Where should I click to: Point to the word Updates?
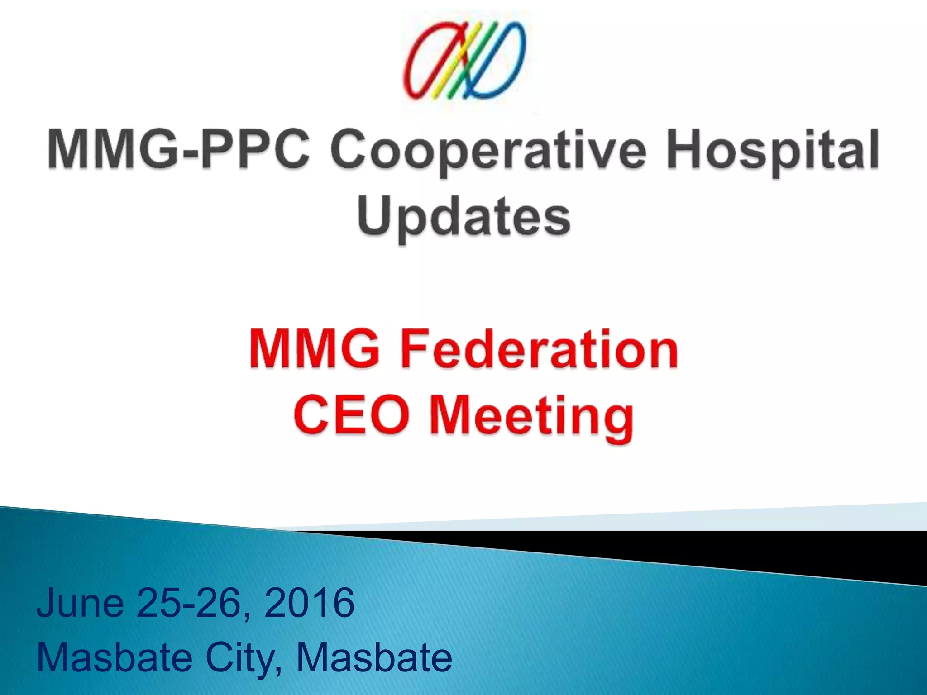point(463,217)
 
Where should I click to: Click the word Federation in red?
point(539,349)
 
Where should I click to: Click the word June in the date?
point(81,603)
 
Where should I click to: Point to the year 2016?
point(309,603)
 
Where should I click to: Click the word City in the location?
point(240,658)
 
